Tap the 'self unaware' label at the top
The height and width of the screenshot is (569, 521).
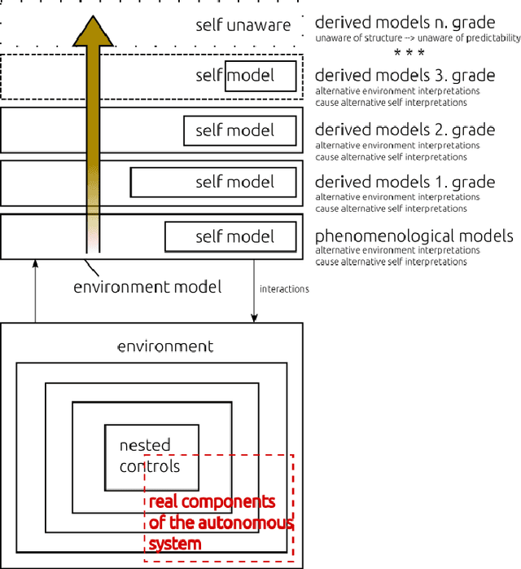point(243,25)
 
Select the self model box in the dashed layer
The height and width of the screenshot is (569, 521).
point(260,77)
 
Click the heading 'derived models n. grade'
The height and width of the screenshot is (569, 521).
point(405,22)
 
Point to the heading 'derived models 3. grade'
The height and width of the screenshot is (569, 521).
point(405,76)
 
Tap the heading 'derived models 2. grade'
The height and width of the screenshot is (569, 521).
point(405,130)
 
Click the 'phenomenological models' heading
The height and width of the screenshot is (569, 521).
point(414,236)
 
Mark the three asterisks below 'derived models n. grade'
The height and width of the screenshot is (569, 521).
point(409,54)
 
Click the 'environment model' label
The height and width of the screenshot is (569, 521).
point(147,287)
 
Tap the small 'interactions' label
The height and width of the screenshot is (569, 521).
point(284,289)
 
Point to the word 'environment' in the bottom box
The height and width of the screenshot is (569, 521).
point(165,346)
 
